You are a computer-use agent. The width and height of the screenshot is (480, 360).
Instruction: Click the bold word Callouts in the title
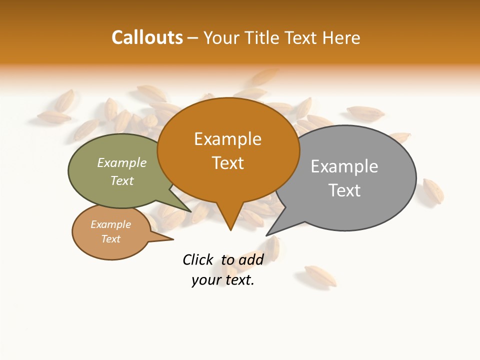coord(147,37)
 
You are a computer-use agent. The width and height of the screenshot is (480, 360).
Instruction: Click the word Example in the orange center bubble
coord(227,139)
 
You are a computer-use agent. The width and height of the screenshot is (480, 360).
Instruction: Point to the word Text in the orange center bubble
coord(227,163)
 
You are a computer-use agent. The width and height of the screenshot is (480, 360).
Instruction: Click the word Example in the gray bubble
coord(344,166)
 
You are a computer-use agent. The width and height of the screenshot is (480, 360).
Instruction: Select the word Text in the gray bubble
coord(344,190)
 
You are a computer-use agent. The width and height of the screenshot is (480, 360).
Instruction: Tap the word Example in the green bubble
coord(122,163)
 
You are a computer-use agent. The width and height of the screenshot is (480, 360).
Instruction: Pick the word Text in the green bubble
coord(122,180)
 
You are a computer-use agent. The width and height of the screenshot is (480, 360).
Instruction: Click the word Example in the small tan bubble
coord(110,224)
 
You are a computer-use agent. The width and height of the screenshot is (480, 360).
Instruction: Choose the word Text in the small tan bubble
coord(110,239)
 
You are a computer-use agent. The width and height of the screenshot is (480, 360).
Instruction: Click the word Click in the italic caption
coord(197,259)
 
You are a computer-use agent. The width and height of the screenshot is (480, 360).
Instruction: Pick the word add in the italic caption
coord(250,259)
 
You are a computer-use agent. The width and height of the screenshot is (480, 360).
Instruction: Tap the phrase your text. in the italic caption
coord(223,280)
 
